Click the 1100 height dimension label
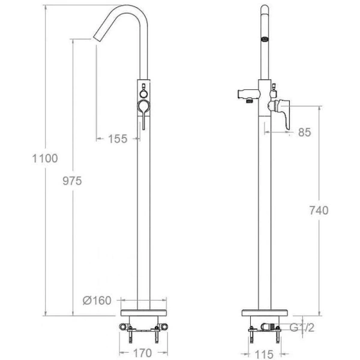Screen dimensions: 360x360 click(45, 158)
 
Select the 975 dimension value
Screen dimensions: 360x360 click(72, 181)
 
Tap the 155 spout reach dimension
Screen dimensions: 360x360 click(118, 139)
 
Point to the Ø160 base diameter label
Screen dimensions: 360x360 click(97, 301)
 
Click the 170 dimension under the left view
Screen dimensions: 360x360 click(143, 353)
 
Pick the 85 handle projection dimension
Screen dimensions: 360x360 click(304, 132)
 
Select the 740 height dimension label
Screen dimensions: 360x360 click(319, 211)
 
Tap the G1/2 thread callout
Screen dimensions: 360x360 click(302, 328)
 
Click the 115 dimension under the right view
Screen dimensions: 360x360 click(264, 354)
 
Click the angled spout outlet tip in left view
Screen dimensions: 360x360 click(97, 39)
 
